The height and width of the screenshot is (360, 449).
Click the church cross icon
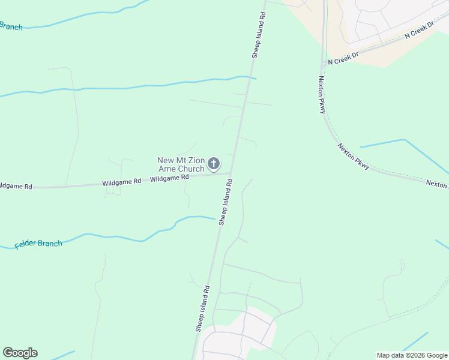point(213,163)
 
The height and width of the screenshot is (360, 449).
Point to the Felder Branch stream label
point(38,244)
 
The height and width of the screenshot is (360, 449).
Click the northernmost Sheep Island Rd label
point(258,34)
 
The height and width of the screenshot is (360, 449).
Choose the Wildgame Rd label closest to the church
point(169,178)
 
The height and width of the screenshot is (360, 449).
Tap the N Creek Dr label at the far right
point(419,32)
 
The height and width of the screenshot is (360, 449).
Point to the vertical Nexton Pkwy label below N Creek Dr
point(322,95)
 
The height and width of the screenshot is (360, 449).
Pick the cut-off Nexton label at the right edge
point(437,184)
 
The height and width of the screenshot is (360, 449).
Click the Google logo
point(20,353)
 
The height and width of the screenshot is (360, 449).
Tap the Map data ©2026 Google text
point(412,355)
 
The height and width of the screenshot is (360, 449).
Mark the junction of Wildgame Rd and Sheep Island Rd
point(231,174)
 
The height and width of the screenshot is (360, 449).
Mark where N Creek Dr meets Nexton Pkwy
point(324,62)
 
